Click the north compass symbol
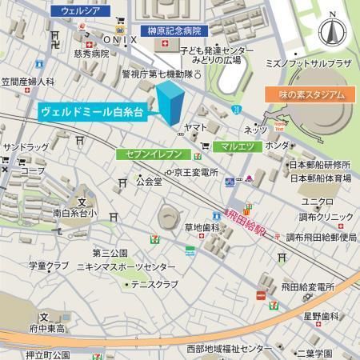pos(330,33)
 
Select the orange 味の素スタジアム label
pos(307,94)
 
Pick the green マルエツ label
pos(238,146)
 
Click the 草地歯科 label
pos(202,227)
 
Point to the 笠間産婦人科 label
pos(27,82)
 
